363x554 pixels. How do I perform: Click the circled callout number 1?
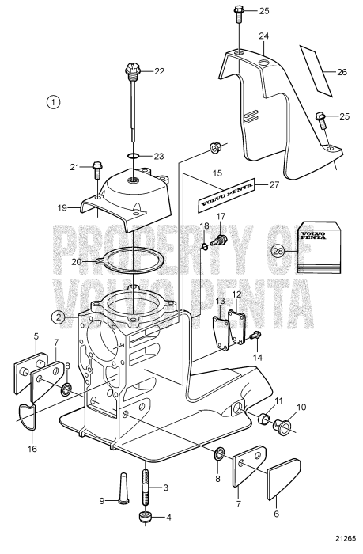[53, 102]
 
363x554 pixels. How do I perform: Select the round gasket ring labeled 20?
[130, 256]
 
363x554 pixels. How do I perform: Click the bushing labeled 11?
[259, 416]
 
